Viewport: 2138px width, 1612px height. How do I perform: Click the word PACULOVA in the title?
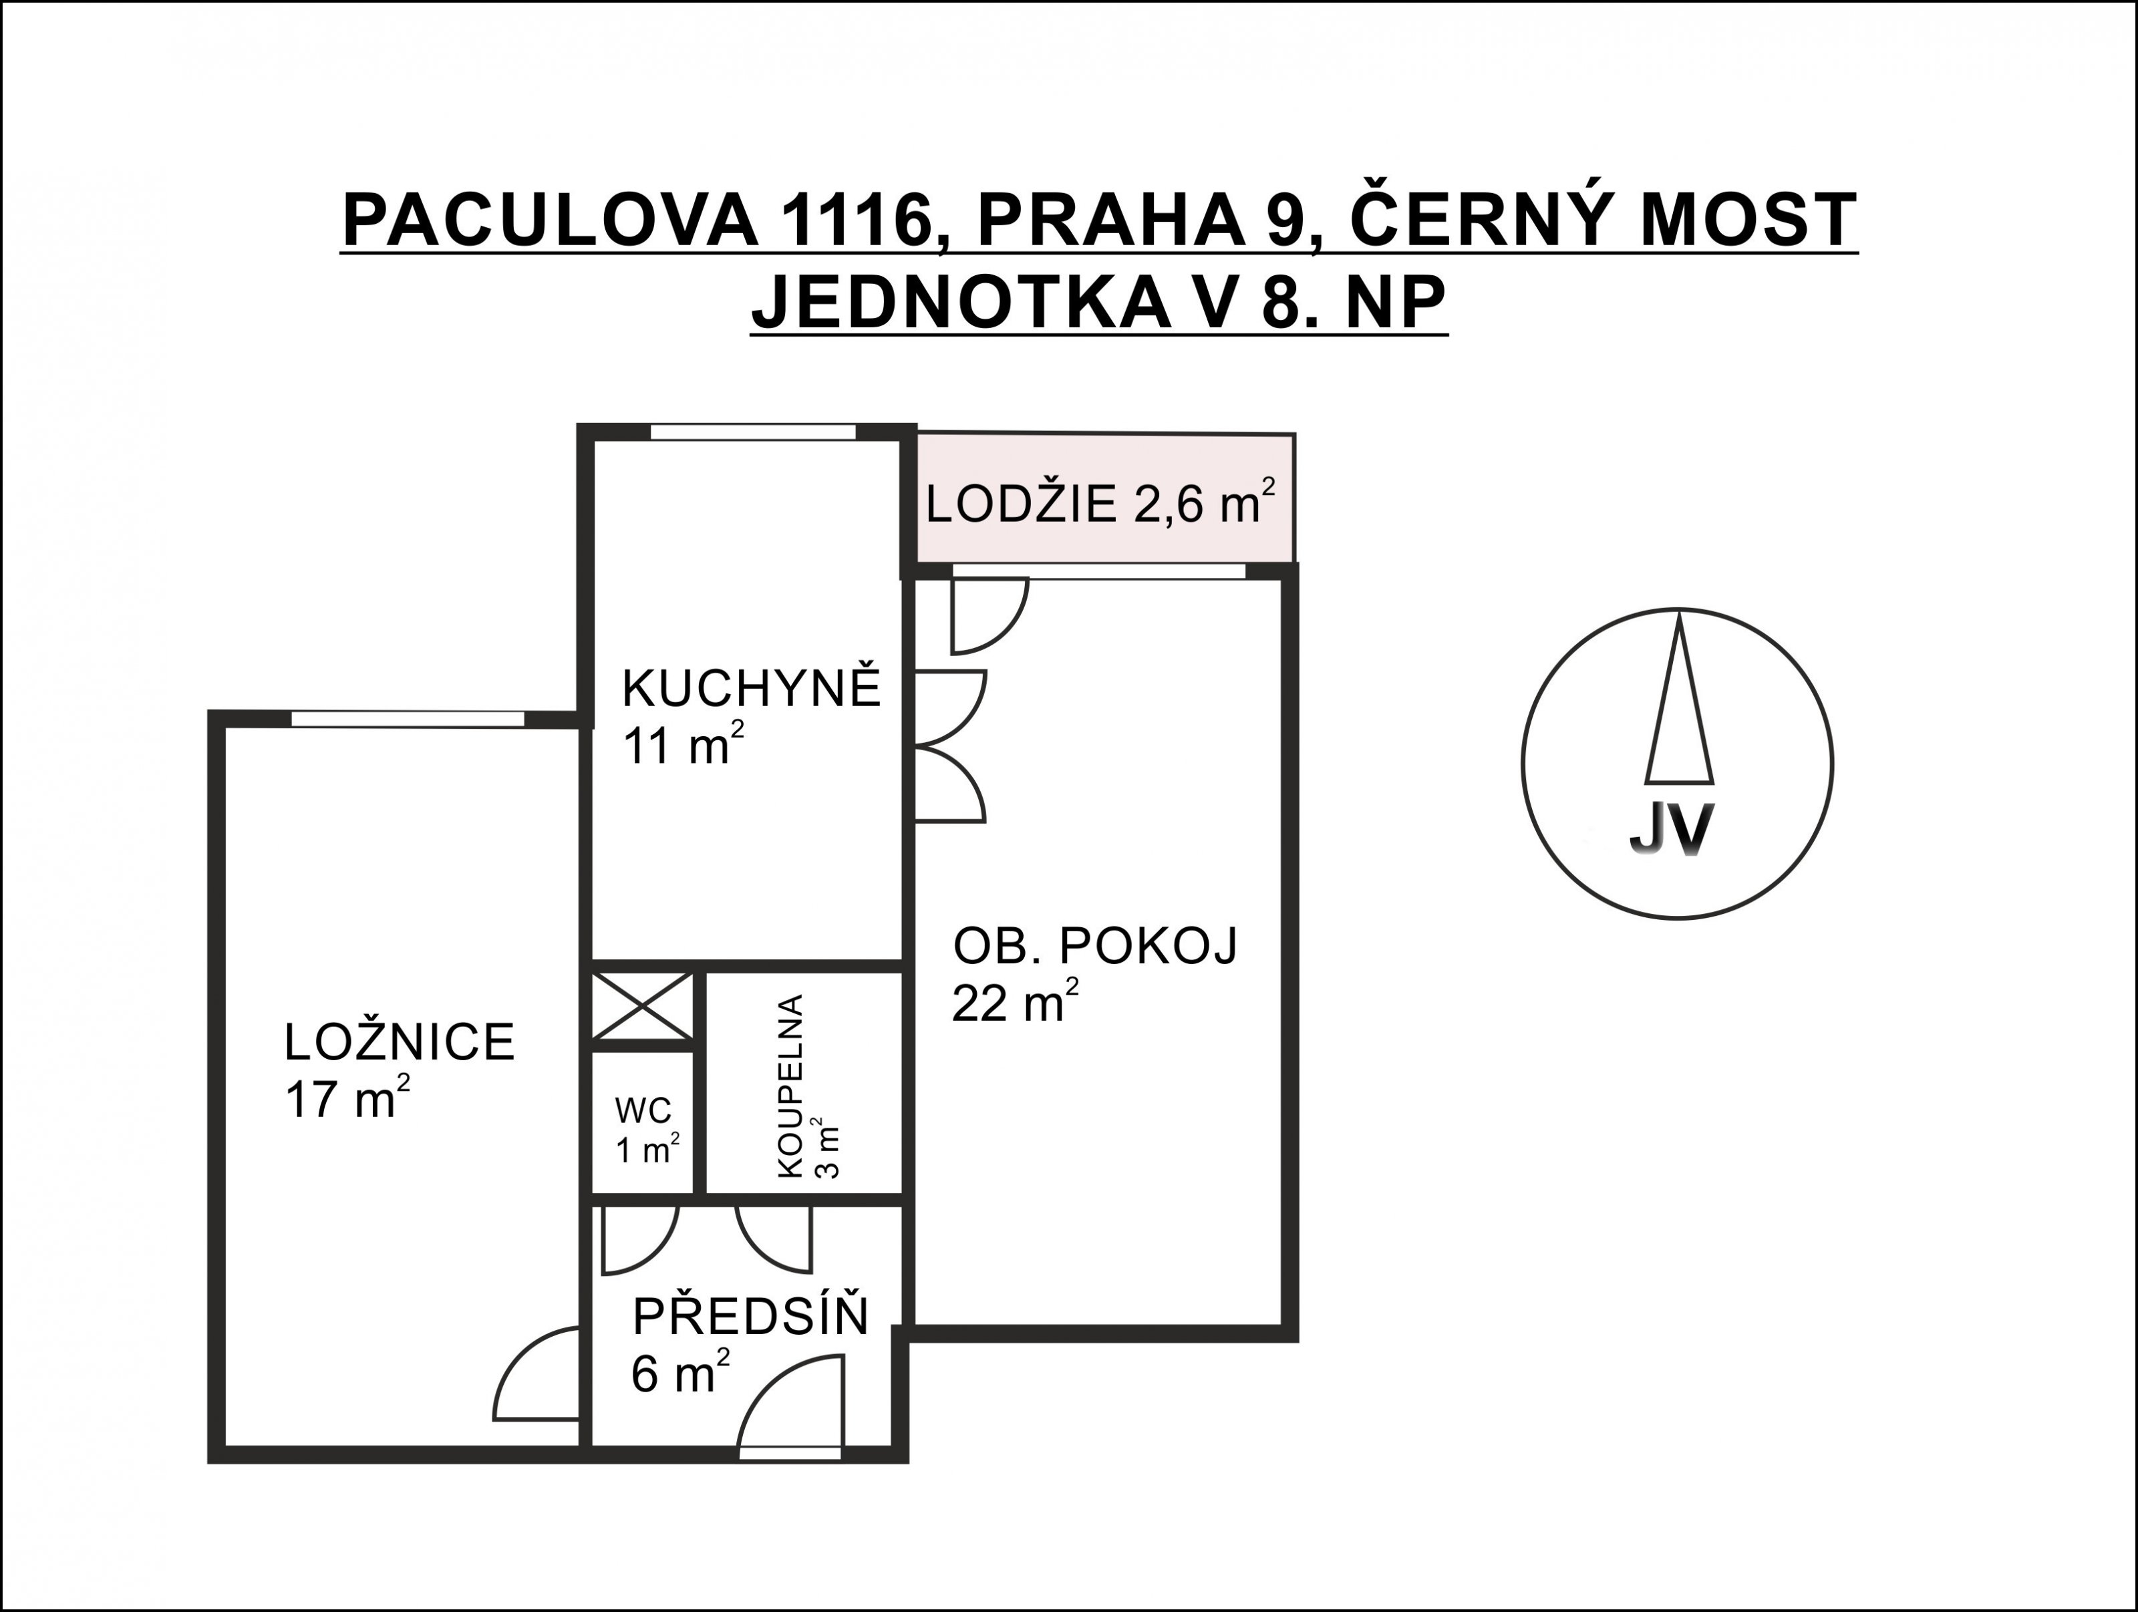[550, 221]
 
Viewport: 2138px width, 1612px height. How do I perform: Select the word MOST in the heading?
[1748, 221]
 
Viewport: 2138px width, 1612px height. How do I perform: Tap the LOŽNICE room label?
[399, 1043]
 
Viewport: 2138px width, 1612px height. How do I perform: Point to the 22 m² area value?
[1015, 1002]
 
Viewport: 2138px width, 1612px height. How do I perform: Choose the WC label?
[643, 1110]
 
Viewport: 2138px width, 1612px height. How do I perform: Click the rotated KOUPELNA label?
[790, 1086]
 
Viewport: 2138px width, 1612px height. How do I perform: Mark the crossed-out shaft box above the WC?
[643, 1006]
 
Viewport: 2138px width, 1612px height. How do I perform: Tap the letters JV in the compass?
[1671, 828]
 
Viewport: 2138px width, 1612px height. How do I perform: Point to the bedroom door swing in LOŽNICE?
[537, 1374]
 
